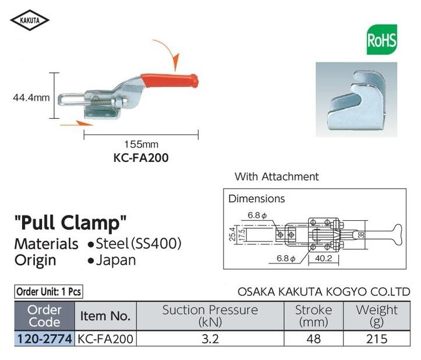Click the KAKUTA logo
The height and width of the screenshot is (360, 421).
pos(30,21)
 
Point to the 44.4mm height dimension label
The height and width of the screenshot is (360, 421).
pos(31,98)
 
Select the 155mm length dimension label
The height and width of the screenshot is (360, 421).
pos(141,144)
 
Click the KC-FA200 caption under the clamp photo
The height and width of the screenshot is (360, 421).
pos(141,157)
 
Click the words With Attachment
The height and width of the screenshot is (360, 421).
pos(277,176)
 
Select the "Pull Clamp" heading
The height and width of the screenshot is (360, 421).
pos(70,222)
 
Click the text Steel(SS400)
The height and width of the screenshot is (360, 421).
pos(139,243)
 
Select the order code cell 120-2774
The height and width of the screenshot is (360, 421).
pos(45,337)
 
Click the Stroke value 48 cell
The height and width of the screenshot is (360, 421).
pos(313,337)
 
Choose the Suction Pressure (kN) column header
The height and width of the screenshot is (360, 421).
pos(210,316)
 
